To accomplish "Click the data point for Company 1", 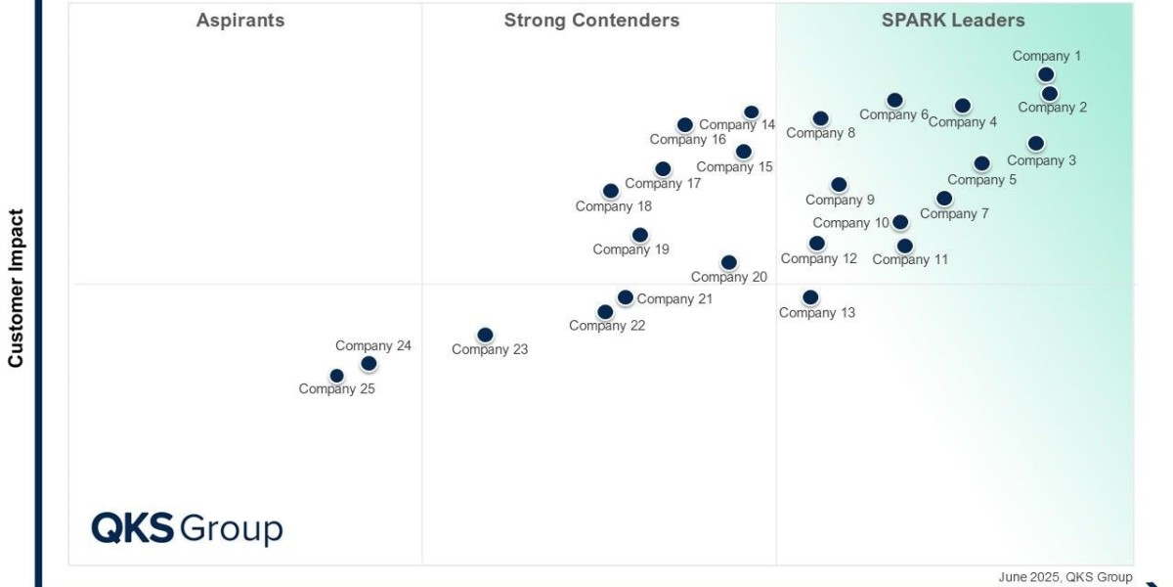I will [x=1046, y=74].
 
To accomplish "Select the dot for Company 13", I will [x=810, y=297].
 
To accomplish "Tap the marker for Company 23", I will [x=485, y=336].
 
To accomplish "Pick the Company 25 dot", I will [x=337, y=376].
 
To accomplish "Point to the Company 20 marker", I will [x=729, y=262].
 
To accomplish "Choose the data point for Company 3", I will [x=1036, y=144].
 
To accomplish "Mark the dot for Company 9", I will [x=839, y=185].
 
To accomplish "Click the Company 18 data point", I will [x=611, y=191].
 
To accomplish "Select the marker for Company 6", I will [x=894, y=100].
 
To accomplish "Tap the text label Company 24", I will [x=373, y=345].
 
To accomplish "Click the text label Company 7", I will [x=954, y=213].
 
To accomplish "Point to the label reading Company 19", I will [x=630, y=249].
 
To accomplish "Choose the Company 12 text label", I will [x=818, y=258].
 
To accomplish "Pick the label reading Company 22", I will [x=607, y=326].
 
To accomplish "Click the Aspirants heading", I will [x=240, y=21].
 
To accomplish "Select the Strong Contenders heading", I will [x=591, y=21].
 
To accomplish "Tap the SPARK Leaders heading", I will [x=953, y=21].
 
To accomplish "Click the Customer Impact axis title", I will [x=16, y=288].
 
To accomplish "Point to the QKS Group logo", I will [x=187, y=528].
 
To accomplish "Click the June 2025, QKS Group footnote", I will [x=1064, y=577].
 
